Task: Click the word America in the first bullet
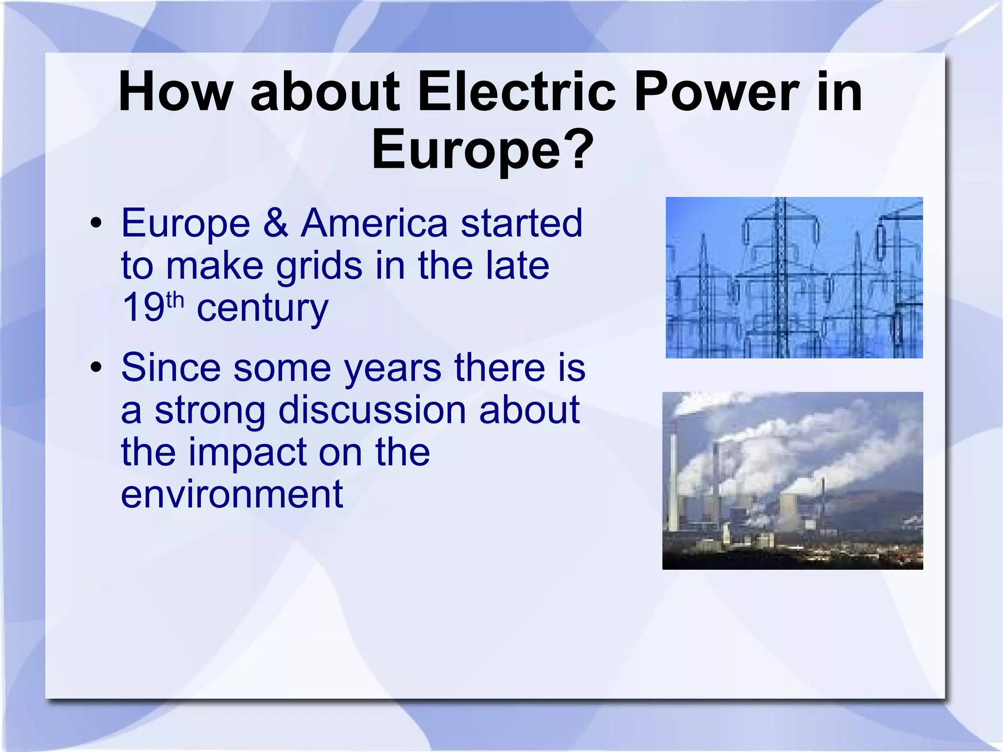click(374, 223)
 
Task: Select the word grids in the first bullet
click(319, 266)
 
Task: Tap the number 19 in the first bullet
click(143, 308)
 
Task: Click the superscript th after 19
click(175, 299)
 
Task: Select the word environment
click(232, 494)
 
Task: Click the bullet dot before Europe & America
click(96, 224)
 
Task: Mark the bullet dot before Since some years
click(96, 368)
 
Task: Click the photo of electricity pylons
click(794, 277)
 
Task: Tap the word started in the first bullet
click(522, 223)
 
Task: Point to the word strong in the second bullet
click(210, 411)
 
